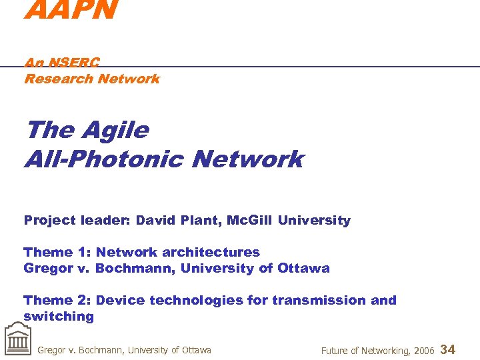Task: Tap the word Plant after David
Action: (x=199, y=221)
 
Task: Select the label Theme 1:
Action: (x=57, y=252)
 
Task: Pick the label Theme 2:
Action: (x=57, y=301)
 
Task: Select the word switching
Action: (x=59, y=317)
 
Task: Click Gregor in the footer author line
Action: (x=52, y=350)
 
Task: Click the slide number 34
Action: (x=449, y=349)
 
